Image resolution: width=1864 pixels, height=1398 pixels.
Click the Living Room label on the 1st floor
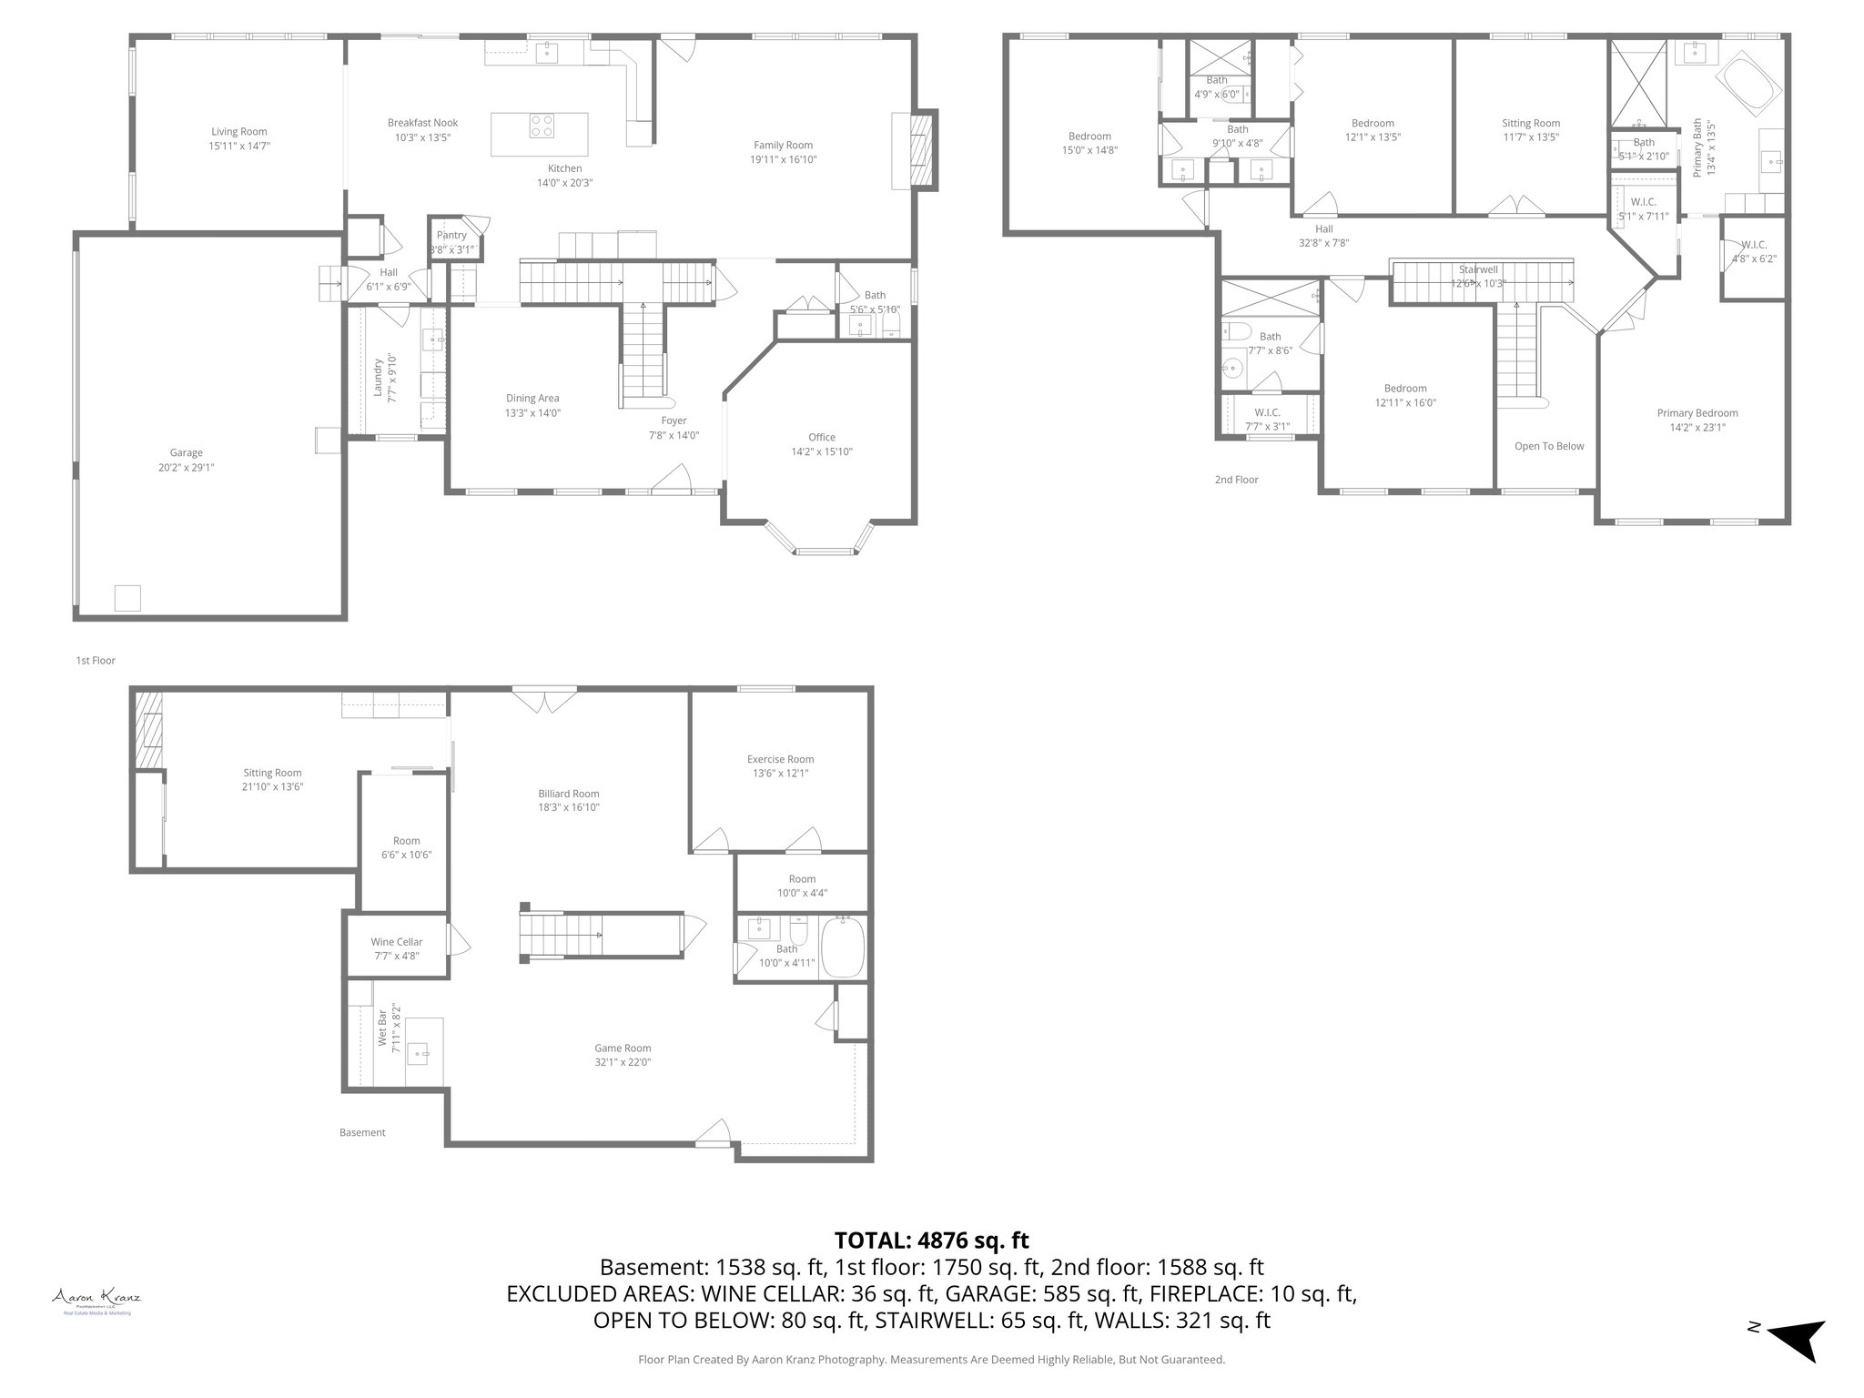239,132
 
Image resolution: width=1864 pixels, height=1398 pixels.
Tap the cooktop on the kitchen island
542,125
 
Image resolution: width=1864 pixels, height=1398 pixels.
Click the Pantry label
451,236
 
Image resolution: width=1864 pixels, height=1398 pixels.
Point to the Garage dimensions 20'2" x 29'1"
186,468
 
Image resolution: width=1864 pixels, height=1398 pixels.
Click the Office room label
821,438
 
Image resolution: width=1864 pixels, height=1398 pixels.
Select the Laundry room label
378,375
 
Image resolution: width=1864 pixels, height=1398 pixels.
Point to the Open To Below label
1549,446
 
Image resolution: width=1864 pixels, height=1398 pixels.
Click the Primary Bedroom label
1697,413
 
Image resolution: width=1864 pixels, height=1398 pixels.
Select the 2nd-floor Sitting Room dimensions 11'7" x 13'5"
1531,137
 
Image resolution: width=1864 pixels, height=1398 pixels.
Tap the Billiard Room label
568,794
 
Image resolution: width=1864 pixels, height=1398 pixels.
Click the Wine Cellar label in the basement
397,942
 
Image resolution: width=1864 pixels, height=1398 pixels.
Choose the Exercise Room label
780,759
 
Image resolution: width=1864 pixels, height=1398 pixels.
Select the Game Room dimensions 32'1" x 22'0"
623,1062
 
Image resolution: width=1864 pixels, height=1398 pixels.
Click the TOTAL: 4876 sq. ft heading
931,1241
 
